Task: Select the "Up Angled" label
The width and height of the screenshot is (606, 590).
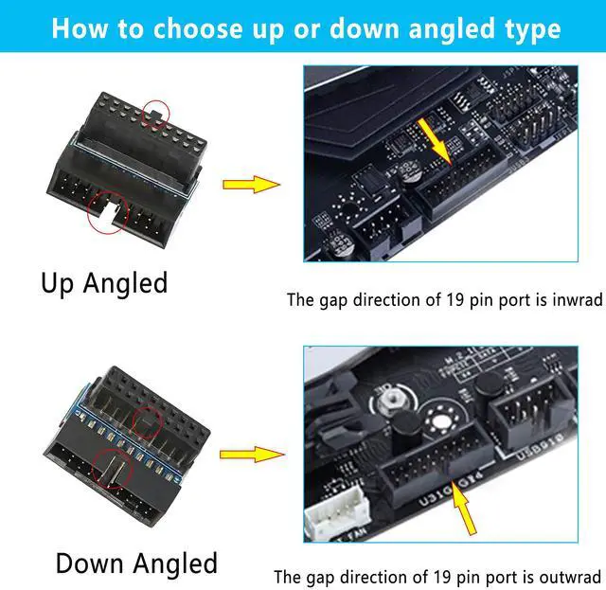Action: [104, 282]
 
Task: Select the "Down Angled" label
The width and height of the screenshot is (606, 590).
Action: [136, 563]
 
